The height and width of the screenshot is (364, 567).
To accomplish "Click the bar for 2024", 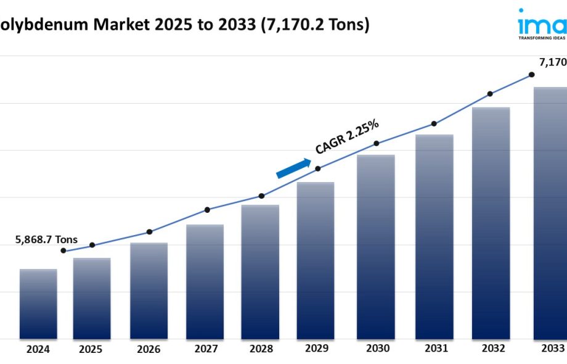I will click(38, 304).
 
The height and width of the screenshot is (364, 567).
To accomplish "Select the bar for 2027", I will click(205, 281).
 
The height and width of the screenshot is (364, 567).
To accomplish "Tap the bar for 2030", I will click(376, 247).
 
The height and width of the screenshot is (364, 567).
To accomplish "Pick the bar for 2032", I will click(491, 223).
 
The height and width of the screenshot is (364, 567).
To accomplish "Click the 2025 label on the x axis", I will click(91, 349).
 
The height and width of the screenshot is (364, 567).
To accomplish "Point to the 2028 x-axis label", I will click(261, 349).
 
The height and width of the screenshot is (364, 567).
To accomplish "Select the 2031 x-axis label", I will click(436, 349).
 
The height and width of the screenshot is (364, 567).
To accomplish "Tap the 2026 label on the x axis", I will click(149, 349).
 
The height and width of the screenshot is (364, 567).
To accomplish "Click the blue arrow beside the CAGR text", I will click(293, 168).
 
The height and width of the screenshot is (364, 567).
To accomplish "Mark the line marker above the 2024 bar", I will click(63, 250).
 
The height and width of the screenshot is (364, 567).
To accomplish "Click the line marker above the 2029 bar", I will click(318, 168).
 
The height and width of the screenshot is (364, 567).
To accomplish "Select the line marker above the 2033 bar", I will click(531, 75).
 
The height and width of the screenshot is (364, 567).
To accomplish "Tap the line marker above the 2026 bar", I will click(149, 232).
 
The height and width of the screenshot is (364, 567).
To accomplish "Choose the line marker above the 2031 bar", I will click(434, 124).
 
